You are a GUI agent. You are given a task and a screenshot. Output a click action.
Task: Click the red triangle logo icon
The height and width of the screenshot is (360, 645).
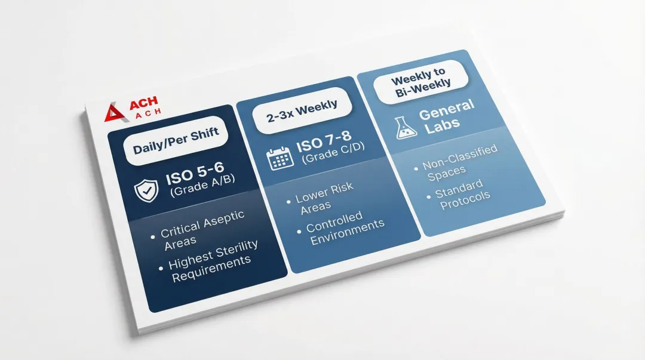pos(114,113)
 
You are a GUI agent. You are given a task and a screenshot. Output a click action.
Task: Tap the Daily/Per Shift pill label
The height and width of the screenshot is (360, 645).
pos(176,140)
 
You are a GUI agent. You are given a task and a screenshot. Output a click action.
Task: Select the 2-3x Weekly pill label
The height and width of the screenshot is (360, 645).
pos(302,110)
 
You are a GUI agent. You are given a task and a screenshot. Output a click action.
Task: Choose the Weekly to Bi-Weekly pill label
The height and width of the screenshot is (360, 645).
pos(421,81)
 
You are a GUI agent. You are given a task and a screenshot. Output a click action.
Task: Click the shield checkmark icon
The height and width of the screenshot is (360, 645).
pos(146,190)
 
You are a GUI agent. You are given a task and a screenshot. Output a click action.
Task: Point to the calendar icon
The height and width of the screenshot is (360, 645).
pos(280,158)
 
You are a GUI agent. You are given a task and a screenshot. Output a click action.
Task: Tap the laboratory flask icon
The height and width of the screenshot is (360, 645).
pos(405,128)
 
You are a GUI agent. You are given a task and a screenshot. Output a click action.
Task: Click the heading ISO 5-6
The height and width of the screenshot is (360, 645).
pos(195,173)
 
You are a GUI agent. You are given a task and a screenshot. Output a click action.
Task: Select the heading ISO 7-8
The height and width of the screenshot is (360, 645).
pos(324,141)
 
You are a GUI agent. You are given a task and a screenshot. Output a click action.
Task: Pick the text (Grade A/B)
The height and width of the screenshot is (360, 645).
pos(202,185)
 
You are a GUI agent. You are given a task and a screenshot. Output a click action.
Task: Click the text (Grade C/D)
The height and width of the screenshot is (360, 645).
pos(333,153)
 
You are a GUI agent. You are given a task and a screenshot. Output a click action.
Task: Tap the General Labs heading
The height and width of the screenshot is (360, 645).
pos(446,117)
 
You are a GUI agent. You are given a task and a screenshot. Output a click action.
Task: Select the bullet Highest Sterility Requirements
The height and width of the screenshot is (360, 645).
pos(209,261)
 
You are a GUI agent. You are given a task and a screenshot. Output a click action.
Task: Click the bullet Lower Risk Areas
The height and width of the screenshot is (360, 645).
pos(320,198)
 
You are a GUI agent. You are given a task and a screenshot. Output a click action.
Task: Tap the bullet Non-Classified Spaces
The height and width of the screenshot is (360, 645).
pos(456,162)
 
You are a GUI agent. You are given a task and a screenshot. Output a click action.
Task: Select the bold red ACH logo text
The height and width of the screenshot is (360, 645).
pos(143,103)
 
